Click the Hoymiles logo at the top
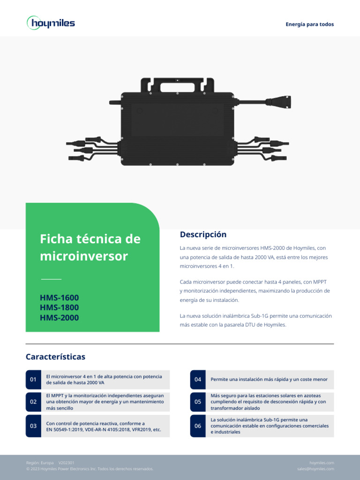point(51,23)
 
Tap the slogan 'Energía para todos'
point(310,24)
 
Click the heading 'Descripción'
point(203,234)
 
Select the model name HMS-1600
point(60,298)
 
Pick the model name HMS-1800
point(60,307)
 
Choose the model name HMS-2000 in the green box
point(60,318)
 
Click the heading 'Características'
point(55,357)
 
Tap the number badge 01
point(33,379)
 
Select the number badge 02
point(33,402)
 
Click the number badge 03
point(33,426)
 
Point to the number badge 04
point(198,379)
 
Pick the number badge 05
point(198,402)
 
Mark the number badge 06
point(198,426)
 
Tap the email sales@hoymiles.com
point(315,469)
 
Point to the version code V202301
point(66,463)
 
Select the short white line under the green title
point(51,279)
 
